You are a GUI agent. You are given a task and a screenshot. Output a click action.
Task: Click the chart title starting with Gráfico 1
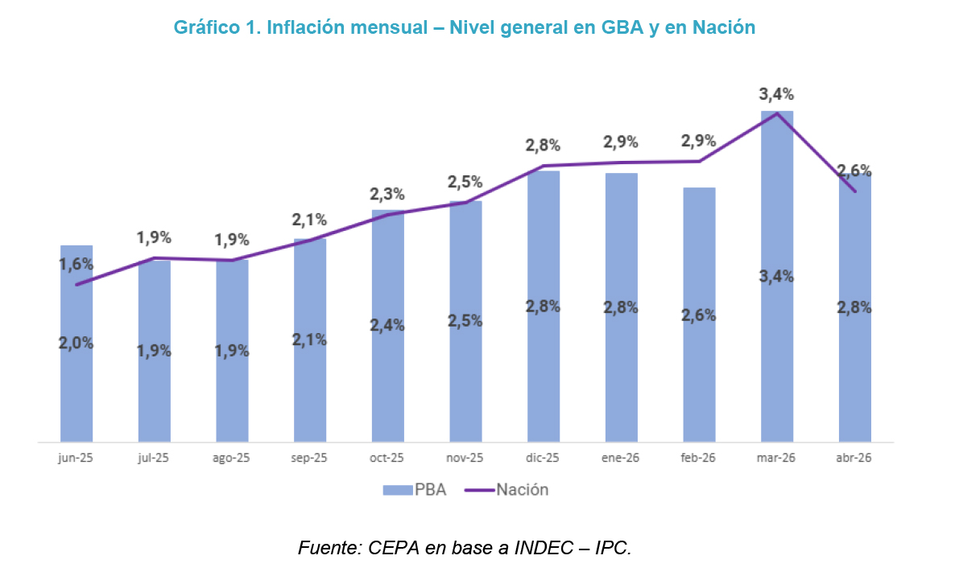(464, 27)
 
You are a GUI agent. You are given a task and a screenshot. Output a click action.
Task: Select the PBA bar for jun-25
(76, 344)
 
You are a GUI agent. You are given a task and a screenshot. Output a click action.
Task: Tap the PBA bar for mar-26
(777, 276)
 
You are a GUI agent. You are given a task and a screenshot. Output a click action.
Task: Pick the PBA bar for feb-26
(699, 315)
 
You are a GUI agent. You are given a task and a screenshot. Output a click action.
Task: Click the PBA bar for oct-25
(388, 326)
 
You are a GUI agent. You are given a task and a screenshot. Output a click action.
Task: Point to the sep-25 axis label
(309, 458)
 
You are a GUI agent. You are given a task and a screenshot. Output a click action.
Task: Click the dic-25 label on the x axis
(543, 458)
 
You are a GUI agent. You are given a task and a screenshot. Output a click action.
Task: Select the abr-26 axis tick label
(854, 458)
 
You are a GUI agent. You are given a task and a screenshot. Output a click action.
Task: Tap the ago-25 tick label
(231, 458)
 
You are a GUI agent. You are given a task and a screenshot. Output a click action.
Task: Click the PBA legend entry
(415, 490)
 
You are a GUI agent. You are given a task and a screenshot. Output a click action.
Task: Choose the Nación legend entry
(506, 490)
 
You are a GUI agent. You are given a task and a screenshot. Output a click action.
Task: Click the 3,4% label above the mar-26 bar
(776, 94)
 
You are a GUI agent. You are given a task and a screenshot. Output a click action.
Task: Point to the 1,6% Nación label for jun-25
(76, 264)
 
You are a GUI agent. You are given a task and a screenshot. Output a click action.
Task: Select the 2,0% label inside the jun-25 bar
(76, 344)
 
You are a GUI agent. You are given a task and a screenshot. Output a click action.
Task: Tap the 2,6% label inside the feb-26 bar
(699, 315)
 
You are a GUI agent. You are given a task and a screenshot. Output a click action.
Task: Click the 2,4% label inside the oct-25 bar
(387, 326)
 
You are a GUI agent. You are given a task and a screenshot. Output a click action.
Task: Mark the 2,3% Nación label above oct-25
(387, 194)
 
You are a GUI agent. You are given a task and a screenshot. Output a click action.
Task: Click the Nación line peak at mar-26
(777, 113)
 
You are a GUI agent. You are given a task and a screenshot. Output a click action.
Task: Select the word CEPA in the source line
(394, 549)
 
